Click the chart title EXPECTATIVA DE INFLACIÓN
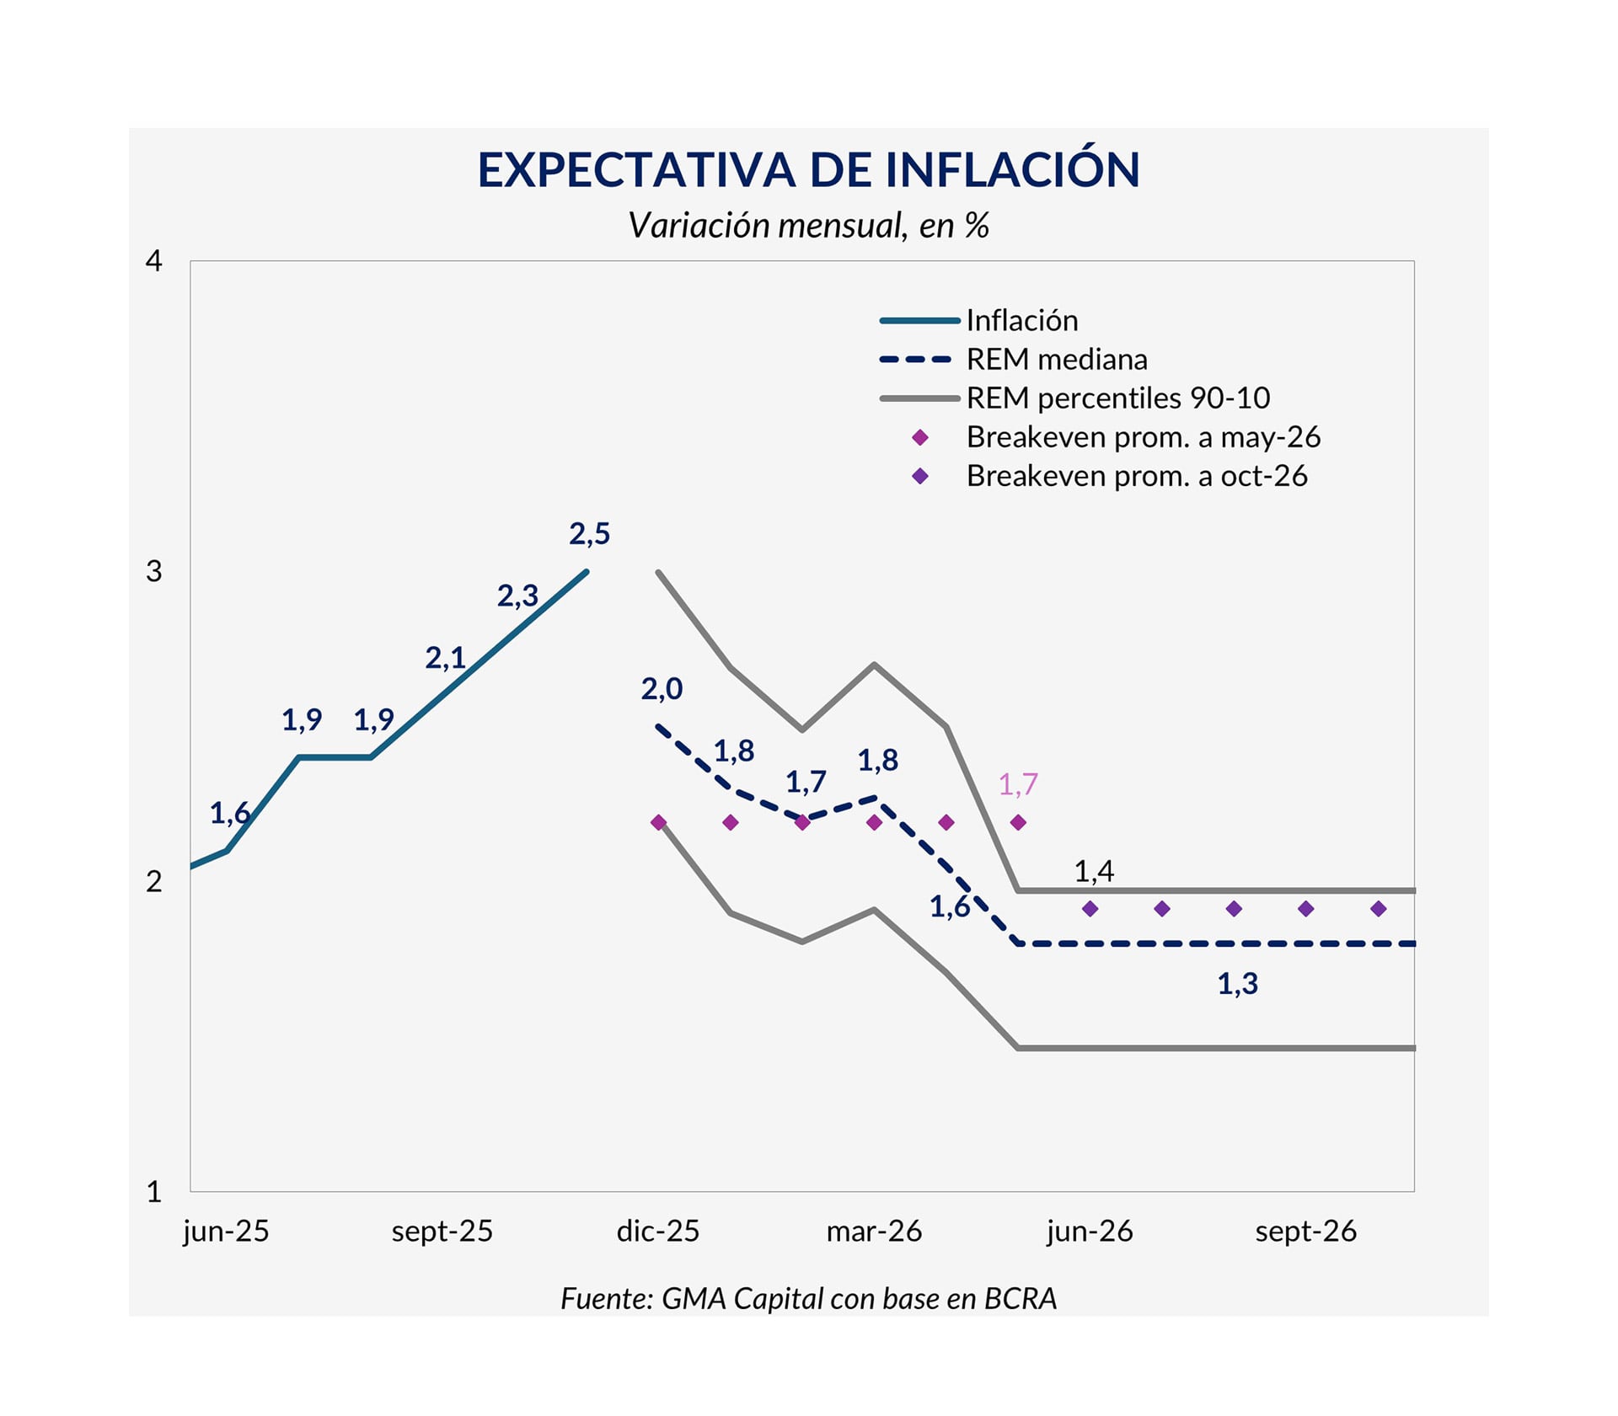point(808,169)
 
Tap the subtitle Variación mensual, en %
point(808,226)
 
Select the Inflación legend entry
point(1021,320)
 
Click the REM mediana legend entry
point(1056,359)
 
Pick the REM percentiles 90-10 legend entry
point(1117,398)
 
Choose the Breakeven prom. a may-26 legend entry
point(1143,436)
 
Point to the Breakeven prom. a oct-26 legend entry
point(1136,476)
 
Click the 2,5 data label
point(589,533)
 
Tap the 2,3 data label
point(517,596)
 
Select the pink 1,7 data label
point(1018,784)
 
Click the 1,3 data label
point(1237,983)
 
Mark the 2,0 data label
point(662,689)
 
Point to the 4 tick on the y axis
point(153,261)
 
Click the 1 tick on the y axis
point(153,1192)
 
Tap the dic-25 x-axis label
point(658,1232)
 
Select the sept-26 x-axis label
point(1305,1232)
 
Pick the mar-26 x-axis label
point(874,1232)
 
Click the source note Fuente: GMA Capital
point(808,1298)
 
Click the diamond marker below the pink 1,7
point(1018,822)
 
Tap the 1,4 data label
point(1094,870)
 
